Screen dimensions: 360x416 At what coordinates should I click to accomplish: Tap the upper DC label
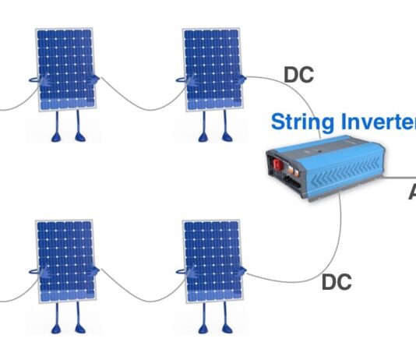[298, 76]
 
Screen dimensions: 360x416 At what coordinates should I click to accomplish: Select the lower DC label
[336, 282]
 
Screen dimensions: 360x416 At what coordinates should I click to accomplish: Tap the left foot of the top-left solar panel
[57, 138]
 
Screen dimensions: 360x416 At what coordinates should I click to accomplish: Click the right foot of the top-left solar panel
[79, 138]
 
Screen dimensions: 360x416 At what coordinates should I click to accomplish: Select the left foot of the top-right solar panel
[203, 138]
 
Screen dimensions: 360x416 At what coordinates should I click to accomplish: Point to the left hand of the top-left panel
[33, 78]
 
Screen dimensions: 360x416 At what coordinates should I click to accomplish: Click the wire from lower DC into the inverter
[340, 234]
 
